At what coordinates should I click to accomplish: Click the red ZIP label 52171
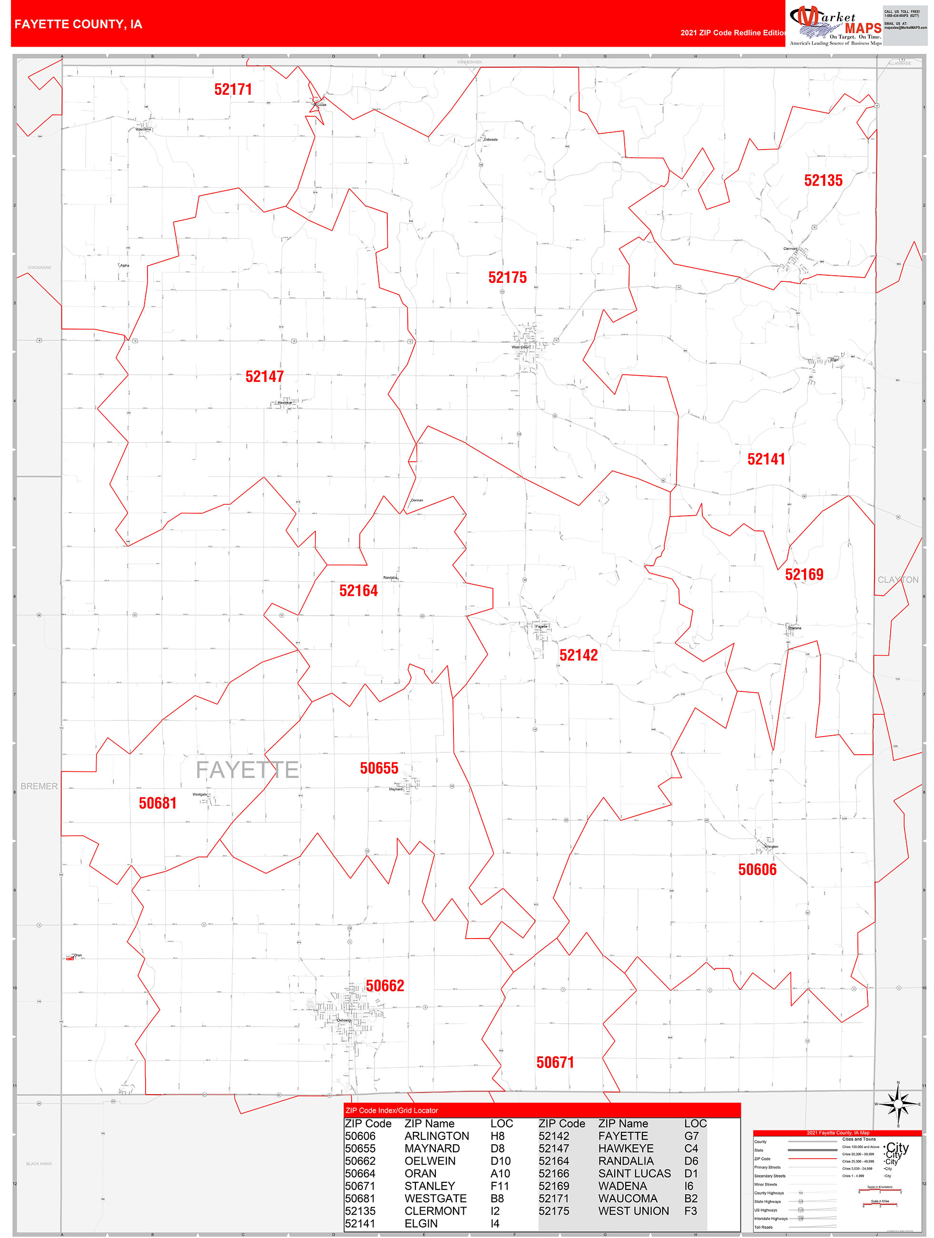click(233, 90)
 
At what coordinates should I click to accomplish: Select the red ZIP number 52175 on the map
click(507, 278)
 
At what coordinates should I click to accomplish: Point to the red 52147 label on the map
click(264, 377)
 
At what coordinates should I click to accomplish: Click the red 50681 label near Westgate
click(157, 803)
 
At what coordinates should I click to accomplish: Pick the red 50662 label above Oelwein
click(385, 986)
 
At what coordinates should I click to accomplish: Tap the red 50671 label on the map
click(555, 1062)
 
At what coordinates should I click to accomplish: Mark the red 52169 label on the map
click(804, 574)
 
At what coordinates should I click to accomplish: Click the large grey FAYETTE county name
click(246, 770)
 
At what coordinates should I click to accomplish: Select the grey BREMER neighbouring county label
click(39, 786)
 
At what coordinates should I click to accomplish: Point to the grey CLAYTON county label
click(898, 580)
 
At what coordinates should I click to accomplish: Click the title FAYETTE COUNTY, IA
click(79, 24)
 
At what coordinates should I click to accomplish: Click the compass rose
click(898, 1104)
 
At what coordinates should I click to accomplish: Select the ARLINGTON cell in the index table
click(436, 1136)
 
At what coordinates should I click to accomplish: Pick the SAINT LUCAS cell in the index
click(634, 1174)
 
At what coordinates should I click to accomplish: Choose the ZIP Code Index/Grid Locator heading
click(392, 1110)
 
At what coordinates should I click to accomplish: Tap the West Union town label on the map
click(520, 348)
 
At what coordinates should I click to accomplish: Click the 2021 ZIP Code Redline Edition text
click(733, 33)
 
